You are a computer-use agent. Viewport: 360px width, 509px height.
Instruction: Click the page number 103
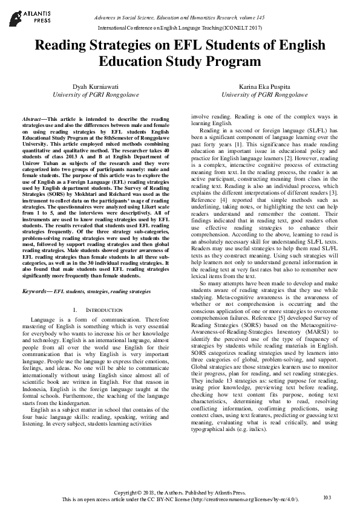327,497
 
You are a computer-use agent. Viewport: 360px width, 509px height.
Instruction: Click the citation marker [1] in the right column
239,146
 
